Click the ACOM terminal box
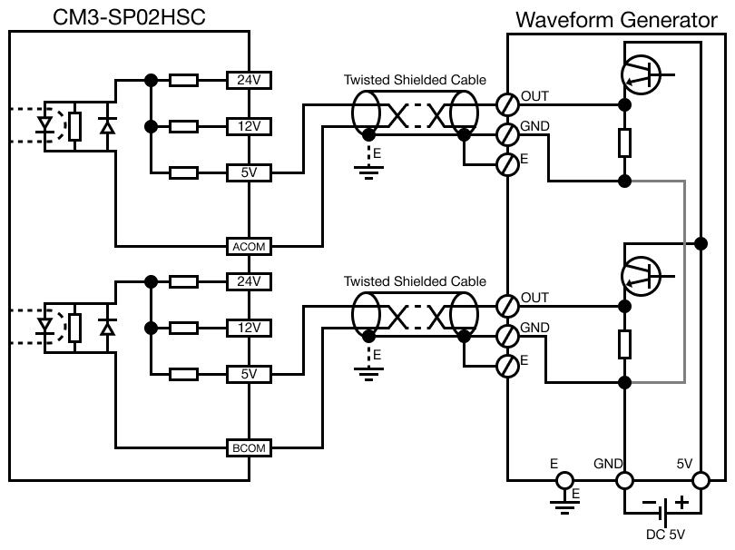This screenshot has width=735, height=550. tap(249, 246)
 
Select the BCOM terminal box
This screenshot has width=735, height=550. tap(249, 447)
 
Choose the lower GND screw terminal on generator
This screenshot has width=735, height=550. tap(508, 334)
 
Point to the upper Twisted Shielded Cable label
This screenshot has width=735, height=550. tap(414, 80)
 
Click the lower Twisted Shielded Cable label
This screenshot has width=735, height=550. tap(414, 282)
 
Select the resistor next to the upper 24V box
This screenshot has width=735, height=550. tap(184, 80)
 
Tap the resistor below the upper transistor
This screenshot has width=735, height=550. tap(624, 142)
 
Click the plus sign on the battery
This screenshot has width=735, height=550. tap(681, 501)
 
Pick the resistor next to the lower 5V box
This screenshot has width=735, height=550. tap(184, 374)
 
